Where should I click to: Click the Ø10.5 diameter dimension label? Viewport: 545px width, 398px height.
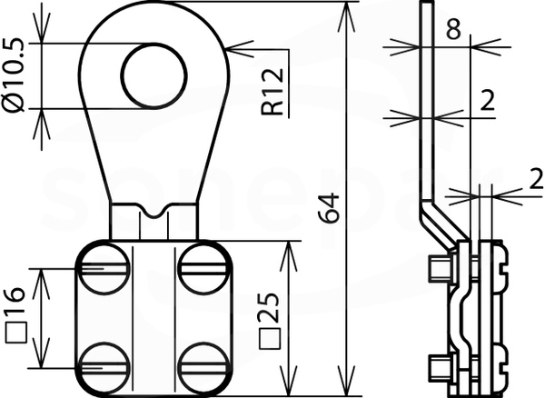click(x=14, y=75)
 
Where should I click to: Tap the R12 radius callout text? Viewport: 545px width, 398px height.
click(x=272, y=92)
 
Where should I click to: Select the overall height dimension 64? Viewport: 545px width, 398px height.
click(x=328, y=208)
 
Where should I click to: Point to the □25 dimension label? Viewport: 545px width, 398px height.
click(x=270, y=321)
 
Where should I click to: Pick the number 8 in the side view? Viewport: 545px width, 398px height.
click(x=453, y=28)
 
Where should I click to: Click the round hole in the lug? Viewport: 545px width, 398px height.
click(x=154, y=75)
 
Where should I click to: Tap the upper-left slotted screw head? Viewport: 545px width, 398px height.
click(x=104, y=269)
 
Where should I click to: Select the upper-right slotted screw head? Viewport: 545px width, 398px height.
click(x=204, y=269)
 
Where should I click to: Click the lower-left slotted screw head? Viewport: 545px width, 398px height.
click(x=104, y=368)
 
